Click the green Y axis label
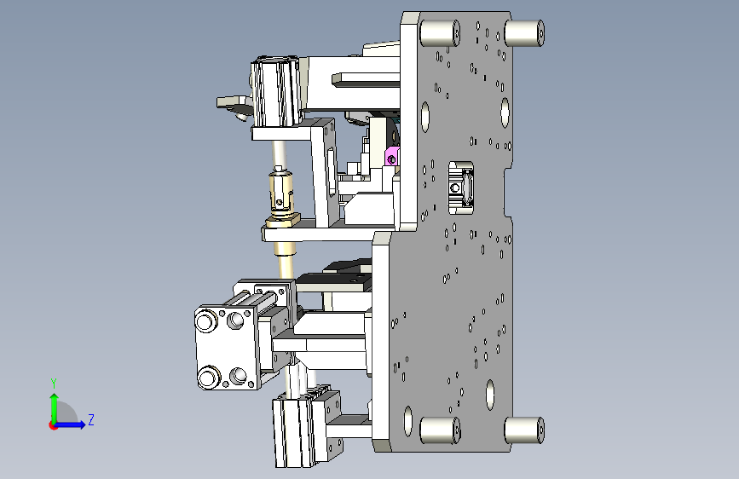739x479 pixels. click(x=54, y=384)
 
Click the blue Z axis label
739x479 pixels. click(x=91, y=419)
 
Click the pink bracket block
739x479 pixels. click(x=392, y=156)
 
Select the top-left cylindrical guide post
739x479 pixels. click(x=439, y=33)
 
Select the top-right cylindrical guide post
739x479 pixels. click(x=524, y=33)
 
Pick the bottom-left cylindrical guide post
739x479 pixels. click(x=439, y=430)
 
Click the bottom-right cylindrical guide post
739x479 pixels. click(x=524, y=430)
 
